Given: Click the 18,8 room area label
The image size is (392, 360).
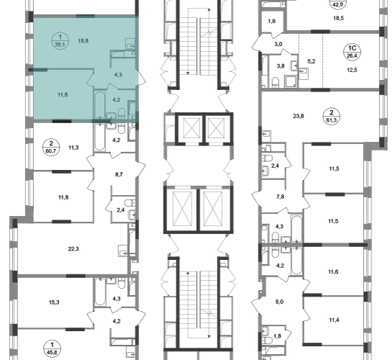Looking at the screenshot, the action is click(83, 41).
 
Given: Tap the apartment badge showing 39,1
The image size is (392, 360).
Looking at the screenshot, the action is click(60, 41).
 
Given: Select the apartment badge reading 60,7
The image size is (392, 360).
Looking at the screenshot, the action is click(51, 148).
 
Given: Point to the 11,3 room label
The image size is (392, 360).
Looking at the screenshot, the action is click(73, 148).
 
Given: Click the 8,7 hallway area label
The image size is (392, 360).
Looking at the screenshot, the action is click(119, 174).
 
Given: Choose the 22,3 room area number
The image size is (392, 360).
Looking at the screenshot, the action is click(73, 249).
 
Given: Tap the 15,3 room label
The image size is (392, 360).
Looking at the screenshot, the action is click(54, 302).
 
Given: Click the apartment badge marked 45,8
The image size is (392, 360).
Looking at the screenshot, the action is click(52, 348).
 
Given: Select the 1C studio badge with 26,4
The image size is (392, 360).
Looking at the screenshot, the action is click(352, 52).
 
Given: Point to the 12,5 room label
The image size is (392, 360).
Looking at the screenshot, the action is click(352, 70).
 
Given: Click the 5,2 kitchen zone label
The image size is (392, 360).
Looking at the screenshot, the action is click(311, 61).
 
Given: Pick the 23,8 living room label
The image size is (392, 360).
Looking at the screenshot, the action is click(298, 116).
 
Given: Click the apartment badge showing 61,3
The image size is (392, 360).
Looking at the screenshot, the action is click(331, 116).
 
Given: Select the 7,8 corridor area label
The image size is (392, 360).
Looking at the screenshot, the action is click(280, 197).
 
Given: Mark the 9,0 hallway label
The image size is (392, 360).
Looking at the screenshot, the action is click(280, 302).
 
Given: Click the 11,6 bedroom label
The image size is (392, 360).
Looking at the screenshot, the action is click(334, 271).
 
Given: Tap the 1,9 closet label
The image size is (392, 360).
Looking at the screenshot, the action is click(272, 21).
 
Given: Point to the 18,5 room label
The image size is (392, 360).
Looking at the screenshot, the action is click(338, 18).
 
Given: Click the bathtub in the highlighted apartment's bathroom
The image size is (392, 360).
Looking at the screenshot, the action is click(99, 105).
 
